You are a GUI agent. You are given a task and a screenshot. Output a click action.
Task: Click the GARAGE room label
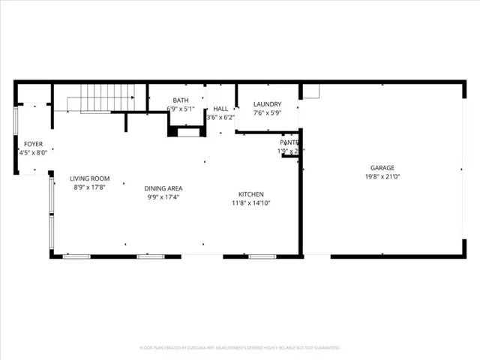[x=382, y=168]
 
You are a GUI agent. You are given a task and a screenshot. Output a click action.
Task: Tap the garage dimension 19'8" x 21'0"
[x=382, y=177]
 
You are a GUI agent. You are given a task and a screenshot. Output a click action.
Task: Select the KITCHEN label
[x=250, y=193]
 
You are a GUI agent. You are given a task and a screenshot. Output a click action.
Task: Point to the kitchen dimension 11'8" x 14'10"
[x=250, y=202]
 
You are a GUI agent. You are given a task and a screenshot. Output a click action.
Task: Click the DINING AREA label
[x=163, y=188]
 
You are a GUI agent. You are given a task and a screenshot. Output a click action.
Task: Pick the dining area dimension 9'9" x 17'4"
[x=163, y=197]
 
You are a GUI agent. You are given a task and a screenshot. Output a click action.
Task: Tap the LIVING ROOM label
[x=90, y=178]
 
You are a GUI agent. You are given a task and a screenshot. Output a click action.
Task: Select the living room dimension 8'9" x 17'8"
[x=90, y=187]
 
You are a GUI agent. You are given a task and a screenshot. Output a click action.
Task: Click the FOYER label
[x=33, y=143]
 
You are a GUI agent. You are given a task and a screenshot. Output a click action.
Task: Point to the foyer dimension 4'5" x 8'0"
[x=33, y=152]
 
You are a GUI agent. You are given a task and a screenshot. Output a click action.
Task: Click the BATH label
[x=181, y=100]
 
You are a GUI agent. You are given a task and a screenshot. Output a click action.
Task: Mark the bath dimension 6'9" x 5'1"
[x=181, y=109]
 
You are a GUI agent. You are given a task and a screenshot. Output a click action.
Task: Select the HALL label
[x=220, y=109]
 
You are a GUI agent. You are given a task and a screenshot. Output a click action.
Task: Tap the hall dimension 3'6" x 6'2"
[x=220, y=117]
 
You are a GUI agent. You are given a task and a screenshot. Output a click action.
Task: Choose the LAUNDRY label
[x=267, y=104]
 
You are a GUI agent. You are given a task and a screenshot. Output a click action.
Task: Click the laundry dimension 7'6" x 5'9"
[x=267, y=113]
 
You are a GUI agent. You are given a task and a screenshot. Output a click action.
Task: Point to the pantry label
[x=289, y=142]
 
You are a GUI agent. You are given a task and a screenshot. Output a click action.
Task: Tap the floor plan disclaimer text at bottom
[x=239, y=347]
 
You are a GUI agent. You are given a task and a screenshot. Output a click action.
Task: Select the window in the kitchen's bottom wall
[x=262, y=256]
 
